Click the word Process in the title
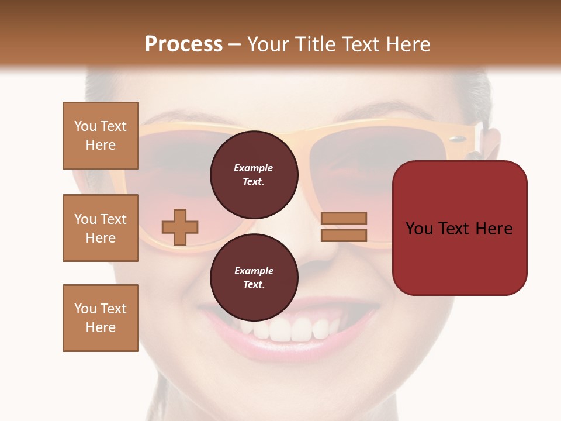tap(183, 44)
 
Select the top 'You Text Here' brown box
tap(101, 136)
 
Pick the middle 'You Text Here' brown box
tap(101, 228)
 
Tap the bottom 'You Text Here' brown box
tap(101, 318)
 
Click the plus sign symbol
tap(180, 227)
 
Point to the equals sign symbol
tap(344, 227)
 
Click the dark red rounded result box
tap(459, 228)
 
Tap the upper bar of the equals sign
tap(344, 219)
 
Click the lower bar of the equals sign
tap(344, 235)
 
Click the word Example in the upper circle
tap(254, 168)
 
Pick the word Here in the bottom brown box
tap(101, 327)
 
